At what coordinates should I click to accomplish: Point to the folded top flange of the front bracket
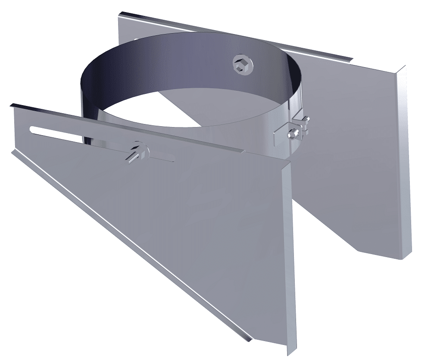tap(129, 127)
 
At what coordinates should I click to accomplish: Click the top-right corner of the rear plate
tap(404, 68)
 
